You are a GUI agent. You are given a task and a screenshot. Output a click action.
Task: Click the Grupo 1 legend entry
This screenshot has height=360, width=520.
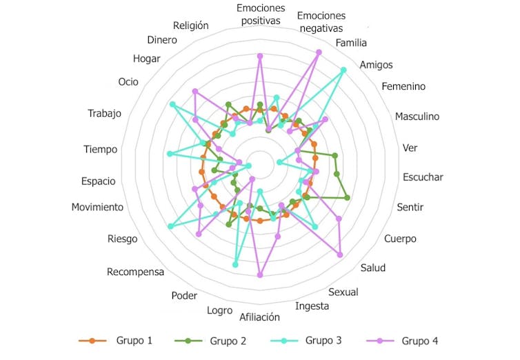[115, 341]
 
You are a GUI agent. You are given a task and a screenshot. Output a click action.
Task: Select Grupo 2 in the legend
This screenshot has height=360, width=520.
[210, 341]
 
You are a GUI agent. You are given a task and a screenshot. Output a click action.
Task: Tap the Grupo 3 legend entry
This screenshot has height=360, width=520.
[306, 341]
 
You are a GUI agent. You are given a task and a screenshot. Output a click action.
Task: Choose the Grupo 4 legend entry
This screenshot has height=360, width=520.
[402, 341]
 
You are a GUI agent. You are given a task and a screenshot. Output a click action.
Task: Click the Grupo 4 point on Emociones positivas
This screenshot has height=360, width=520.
[260, 57]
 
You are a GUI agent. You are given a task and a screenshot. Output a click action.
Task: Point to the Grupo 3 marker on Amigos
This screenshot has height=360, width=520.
[343, 70]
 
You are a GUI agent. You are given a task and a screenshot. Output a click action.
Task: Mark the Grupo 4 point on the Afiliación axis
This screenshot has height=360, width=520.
[260, 274]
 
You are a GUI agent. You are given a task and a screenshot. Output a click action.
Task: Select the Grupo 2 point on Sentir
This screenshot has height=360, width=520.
[347, 198]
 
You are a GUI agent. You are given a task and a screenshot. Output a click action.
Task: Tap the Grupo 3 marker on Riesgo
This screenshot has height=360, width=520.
[171, 226]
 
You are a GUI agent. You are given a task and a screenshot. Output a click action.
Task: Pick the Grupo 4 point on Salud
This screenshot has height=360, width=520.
[339, 254]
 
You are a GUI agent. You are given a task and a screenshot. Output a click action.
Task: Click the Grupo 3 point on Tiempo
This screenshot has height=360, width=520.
[170, 154]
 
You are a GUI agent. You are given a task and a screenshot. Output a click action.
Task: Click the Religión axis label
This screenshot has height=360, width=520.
[190, 26]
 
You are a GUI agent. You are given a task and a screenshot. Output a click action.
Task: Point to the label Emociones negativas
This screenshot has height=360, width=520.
[321, 22]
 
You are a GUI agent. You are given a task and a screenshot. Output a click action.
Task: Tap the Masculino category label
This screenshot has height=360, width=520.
[417, 117]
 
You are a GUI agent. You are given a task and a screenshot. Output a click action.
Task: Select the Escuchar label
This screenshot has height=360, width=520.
[423, 177]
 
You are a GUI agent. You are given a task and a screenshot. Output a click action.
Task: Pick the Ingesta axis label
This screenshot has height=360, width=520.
[312, 306]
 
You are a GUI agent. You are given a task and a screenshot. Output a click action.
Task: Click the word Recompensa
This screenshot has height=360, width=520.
[135, 272]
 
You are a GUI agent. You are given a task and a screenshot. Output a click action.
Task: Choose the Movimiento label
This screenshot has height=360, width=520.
[97, 207]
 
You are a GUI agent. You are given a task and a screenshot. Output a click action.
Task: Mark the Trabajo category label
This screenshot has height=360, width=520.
[104, 113]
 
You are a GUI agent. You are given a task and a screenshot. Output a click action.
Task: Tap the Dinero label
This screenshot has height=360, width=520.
[162, 40]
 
